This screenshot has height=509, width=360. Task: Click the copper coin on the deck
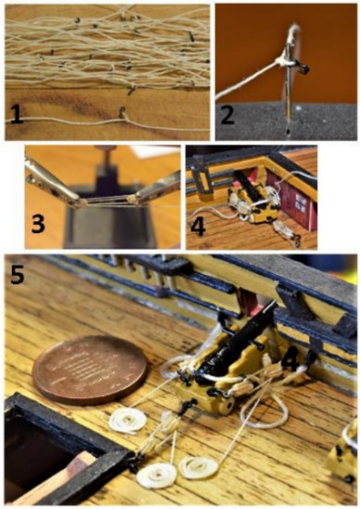90,370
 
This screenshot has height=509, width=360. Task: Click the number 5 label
17,275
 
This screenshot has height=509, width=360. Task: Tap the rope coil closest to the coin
128,421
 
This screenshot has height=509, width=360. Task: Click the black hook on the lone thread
122,113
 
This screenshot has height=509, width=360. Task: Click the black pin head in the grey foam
288,131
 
